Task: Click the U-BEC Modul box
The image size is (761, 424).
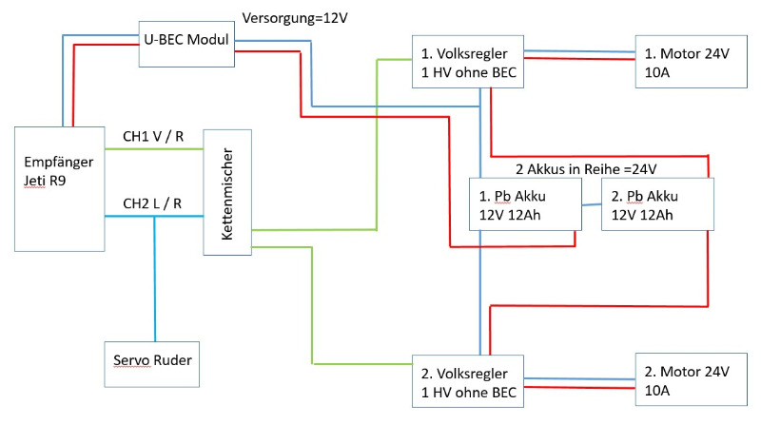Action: tap(186, 44)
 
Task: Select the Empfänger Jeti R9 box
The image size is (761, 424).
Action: tap(60, 189)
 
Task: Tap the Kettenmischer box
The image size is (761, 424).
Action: tap(227, 192)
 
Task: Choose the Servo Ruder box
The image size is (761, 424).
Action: tap(152, 364)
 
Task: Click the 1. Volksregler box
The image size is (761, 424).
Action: tap(468, 62)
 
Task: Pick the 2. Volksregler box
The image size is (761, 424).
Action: tap(468, 381)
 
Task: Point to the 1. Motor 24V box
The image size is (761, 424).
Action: tap(692, 62)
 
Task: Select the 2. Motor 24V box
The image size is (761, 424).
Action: tap(692, 379)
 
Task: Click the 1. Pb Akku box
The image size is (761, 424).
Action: tap(526, 204)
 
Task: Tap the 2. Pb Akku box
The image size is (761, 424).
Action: tap(657, 204)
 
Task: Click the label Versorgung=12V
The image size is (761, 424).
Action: tap(295, 18)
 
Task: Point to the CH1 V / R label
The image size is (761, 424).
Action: tap(153, 136)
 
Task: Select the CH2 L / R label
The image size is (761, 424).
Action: tap(152, 203)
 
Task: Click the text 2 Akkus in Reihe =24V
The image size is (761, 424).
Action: tap(586, 169)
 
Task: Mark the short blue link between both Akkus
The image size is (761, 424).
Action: tap(592, 204)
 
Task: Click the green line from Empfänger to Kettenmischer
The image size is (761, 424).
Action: tap(154, 149)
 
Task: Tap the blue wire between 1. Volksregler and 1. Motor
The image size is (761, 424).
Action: tap(579, 51)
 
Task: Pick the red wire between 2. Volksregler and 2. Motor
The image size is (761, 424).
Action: tap(579, 388)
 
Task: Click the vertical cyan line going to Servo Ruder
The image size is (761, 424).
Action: tap(155, 279)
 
